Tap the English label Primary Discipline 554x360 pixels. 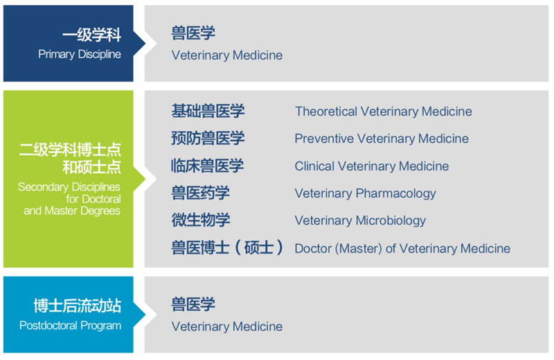coord(80,55)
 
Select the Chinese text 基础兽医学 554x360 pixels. coord(208,111)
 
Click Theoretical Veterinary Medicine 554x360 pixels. coord(384,111)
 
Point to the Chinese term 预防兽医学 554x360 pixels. coord(208,138)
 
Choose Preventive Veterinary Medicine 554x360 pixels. coord(382,138)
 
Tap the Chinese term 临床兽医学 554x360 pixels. coord(207,165)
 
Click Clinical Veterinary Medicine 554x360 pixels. coord(372,166)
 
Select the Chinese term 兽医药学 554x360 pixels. coord(200,193)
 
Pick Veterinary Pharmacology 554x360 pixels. coord(366,194)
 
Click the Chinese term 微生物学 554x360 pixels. coord(201,220)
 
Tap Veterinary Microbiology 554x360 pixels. coord(360,221)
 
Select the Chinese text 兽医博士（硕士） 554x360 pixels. coord(227,247)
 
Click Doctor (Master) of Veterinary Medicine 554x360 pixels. coord(402,249)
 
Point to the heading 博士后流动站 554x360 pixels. coord(78,306)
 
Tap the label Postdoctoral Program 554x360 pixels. coord(71,325)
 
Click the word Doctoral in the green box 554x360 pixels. coord(101,199)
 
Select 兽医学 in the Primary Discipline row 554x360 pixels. coord(193,33)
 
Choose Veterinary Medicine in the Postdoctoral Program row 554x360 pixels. coord(227,327)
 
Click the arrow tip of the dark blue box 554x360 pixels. coord(145,44)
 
